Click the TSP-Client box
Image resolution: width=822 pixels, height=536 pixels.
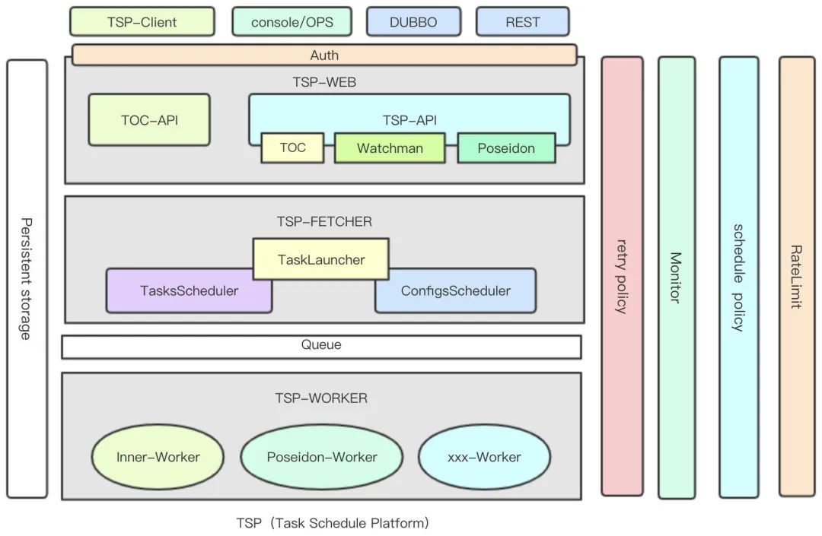pyautogui.click(x=142, y=22)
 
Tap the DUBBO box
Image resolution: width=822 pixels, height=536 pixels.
pyautogui.click(x=413, y=22)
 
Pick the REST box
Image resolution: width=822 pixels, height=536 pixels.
pyautogui.click(x=522, y=22)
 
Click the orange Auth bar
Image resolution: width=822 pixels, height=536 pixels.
pyautogui.click(x=324, y=55)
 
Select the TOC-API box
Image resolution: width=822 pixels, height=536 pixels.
pyautogui.click(x=149, y=119)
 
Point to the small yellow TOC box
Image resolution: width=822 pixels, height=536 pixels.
pyautogui.click(x=292, y=147)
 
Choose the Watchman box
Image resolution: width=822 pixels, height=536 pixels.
pyautogui.click(x=390, y=148)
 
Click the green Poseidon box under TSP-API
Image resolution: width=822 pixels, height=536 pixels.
pyautogui.click(x=506, y=148)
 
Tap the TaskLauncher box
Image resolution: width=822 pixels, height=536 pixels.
pyautogui.click(x=320, y=259)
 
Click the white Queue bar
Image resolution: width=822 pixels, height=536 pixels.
pyautogui.click(x=321, y=346)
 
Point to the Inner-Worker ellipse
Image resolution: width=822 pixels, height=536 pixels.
pyautogui.click(x=158, y=457)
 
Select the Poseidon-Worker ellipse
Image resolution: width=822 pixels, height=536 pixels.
pyautogui.click(x=322, y=457)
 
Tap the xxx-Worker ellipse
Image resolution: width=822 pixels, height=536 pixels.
pyautogui.click(x=484, y=457)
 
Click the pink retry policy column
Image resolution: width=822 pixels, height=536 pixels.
pyautogui.click(x=622, y=275)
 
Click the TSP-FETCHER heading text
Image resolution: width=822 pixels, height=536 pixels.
pyautogui.click(x=324, y=222)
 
